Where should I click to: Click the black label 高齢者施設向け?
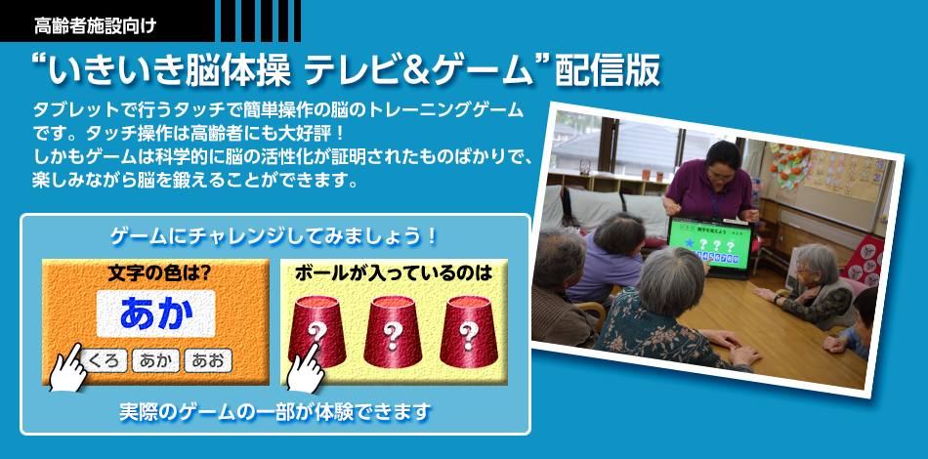[95, 26]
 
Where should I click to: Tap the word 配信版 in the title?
[608, 72]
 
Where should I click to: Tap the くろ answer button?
[105, 360]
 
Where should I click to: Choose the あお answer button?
[208, 360]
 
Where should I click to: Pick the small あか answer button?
[155, 360]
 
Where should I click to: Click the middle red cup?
[392, 331]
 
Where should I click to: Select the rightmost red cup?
[468, 331]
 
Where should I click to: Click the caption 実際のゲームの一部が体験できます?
[274, 412]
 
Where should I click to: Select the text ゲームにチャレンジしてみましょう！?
[274, 237]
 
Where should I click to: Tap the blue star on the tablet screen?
[689, 242]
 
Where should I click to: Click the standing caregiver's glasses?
[719, 173]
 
